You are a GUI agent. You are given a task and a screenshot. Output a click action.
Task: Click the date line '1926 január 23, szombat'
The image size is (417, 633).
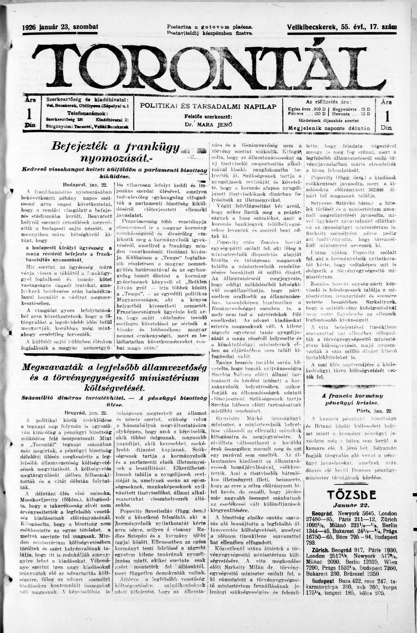point(60,27)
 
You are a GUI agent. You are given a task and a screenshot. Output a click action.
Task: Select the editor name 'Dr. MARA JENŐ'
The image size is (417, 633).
point(208,124)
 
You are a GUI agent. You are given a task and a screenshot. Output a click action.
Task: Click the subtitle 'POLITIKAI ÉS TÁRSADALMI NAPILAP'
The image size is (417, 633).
point(208,106)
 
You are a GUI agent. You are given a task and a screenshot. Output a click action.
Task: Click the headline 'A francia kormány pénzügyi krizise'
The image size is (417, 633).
point(352,399)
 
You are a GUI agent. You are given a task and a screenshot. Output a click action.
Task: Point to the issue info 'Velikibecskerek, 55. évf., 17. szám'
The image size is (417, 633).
point(342,27)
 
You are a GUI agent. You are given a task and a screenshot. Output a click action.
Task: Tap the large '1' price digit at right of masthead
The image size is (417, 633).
point(386,115)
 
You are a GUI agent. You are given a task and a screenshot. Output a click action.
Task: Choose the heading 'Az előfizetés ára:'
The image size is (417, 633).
point(328,102)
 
